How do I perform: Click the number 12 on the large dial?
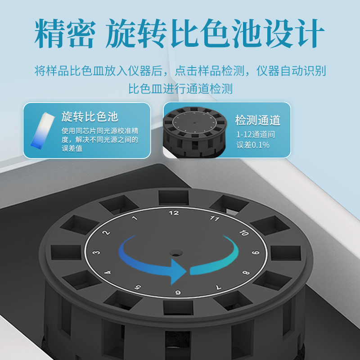[x=174, y=213]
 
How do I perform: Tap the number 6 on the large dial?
[x=178, y=292]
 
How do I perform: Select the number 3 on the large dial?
[x=96, y=252]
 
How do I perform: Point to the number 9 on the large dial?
[x=256, y=252]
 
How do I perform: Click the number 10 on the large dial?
[x=244, y=233]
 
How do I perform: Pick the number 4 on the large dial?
[x=108, y=273]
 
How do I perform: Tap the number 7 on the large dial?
[x=219, y=287]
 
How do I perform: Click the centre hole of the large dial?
[x=176, y=253]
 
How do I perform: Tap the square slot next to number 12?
[x=174, y=198]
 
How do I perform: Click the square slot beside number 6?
[x=178, y=308]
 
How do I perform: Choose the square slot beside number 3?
[x=66, y=252]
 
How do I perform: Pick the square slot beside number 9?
[x=286, y=253]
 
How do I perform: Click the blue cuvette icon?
[x=42, y=130]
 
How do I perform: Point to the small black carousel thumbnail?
[x=195, y=132]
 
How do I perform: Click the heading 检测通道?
[x=257, y=120]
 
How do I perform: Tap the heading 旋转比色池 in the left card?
[x=90, y=117]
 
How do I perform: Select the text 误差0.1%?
[x=253, y=145]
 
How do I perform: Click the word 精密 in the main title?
[x=65, y=33]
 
